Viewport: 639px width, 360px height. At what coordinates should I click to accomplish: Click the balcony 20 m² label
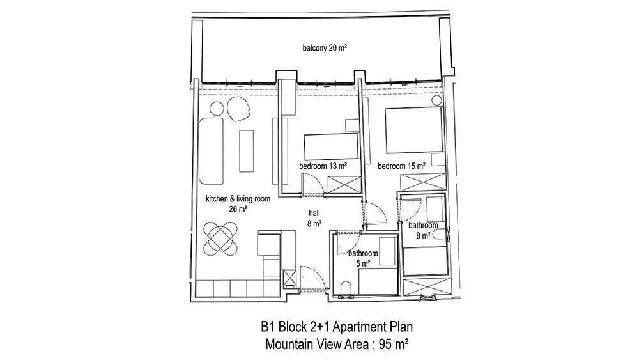point(325,48)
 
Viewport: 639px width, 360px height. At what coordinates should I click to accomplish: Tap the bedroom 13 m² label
point(323,166)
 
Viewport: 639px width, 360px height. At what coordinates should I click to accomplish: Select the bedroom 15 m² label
point(401,166)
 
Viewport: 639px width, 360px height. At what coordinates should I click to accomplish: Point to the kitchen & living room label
point(238,199)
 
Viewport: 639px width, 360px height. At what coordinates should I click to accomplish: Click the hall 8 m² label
point(314,218)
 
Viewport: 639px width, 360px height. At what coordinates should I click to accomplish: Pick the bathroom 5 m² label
point(363,258)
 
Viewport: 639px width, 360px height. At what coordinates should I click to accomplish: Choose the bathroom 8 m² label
point(423,230)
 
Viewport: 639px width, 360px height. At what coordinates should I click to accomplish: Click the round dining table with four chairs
point(220,238)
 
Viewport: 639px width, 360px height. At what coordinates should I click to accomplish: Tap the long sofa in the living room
point(211,152)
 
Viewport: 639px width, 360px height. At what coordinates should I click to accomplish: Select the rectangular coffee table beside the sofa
point(246,151)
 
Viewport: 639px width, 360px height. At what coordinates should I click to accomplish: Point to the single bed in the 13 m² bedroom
point(331,147)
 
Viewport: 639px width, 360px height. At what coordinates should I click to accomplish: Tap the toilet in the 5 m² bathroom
point(346,288)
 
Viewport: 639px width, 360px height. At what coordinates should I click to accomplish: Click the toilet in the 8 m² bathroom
point(440,235)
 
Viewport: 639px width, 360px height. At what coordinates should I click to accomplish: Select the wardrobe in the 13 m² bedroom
point(344,185)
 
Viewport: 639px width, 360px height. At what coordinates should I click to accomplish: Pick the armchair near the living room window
point(238,109)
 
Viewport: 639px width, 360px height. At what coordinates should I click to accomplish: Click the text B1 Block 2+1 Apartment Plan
point(337,327)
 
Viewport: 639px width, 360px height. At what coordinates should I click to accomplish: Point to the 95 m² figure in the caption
point(394,345)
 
